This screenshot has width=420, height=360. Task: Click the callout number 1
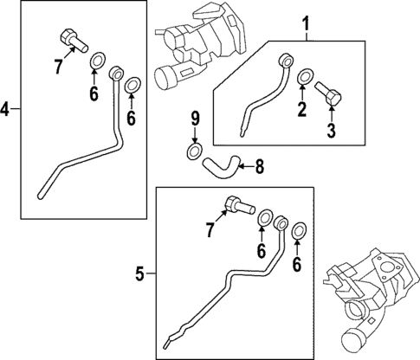click(306, 24)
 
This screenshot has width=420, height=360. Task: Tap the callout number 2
click(302, 109)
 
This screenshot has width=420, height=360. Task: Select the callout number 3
click(332, 131)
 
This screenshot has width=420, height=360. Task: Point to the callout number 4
click(5, 109)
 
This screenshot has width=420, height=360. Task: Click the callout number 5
click(140, 273)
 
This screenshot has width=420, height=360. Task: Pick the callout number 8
click(260, 167)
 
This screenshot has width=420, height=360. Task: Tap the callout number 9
click(195, 119)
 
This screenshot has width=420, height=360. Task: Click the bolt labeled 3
click(329, 93)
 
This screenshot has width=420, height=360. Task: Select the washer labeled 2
click(305, 76)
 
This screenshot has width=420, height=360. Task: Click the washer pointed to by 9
click(194, 151)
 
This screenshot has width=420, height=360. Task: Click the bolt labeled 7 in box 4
click(74, 41)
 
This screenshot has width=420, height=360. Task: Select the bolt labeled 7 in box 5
click(239, 205)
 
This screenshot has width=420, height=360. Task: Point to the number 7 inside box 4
click(59, 67)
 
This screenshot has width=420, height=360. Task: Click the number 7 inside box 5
click(210, 230)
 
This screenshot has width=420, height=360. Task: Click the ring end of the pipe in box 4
click(116, 74)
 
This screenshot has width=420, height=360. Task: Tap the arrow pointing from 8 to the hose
click(246, 166)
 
